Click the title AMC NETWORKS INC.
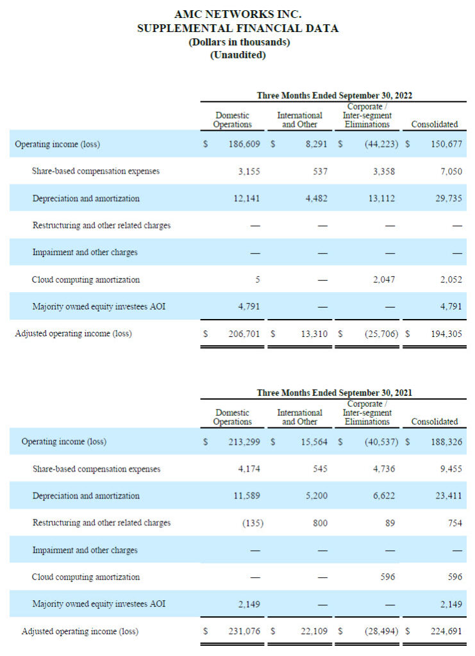pyautogui.click(x=238, y=14)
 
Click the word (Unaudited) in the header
pyautogui.click(x=238, y=55)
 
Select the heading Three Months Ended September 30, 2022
pyautogui.click(x=334, y=95)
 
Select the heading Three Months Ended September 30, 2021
pyautogui.click(x=334, y=393)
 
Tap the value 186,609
pyautogui.click(x=244, y=144)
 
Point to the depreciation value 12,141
pyautogui.click(x=246, y=199)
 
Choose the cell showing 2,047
pyautogui.click(x=385, y=280)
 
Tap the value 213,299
pyautogui.click(x=244, y=442)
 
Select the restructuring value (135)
pyautogui.click(x=253, y=523)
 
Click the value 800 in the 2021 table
pyautogui.click(x=320, y=523)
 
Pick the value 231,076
pyautogui.click(x=244, y=631)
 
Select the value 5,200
pyautogui.click(x=315, y=496)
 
